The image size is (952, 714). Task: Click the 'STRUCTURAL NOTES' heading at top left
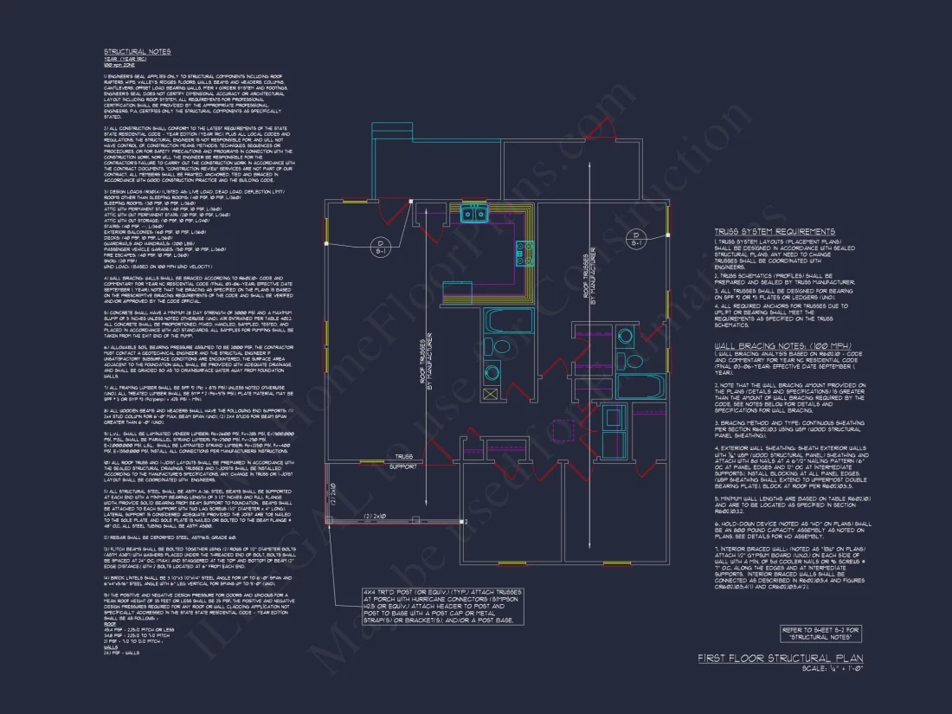[137, 52]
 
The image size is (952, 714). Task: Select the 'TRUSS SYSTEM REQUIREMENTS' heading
[775, 232]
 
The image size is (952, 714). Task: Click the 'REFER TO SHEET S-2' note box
[821, 633]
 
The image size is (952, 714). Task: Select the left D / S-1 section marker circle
[378, 247]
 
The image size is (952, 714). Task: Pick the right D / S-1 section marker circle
[636, 240]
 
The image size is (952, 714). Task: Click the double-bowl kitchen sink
[473, 214]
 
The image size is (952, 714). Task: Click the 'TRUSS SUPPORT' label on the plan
[403, 460]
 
